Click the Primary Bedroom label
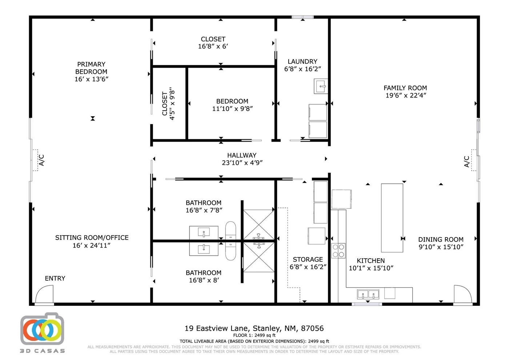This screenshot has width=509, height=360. (x=91, y=68)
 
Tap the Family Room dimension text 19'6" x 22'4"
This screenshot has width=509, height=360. (x=406, y=95)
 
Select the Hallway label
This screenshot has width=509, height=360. (x=242, y=155)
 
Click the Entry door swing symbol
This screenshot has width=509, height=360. (x=44, y=294)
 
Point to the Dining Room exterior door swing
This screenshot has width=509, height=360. (x=462, y=294)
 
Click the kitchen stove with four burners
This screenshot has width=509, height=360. (x=338, y=251)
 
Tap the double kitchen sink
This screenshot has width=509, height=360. (x=368, y=294)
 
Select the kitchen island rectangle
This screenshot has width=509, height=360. (x=392, y=218)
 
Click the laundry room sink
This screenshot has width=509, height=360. (x=321, y=86)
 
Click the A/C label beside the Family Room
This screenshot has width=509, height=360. (x=466, y=161)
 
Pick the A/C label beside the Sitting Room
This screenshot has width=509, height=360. (x=41, y=160)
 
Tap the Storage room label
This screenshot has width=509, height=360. (x=308, y=259)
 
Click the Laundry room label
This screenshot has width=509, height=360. (x=302, y=61)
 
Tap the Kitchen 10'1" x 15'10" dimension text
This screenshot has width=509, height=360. (x=371, y=268)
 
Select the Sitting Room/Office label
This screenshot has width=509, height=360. (x=92, y=237)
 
